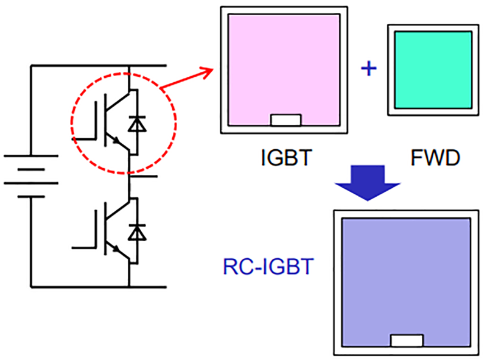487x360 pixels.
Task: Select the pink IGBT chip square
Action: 283,67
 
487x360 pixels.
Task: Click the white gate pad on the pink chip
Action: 286,120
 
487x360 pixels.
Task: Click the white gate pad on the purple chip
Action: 407,341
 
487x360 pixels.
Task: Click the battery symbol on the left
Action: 27,177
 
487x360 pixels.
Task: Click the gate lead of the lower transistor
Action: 85,247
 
